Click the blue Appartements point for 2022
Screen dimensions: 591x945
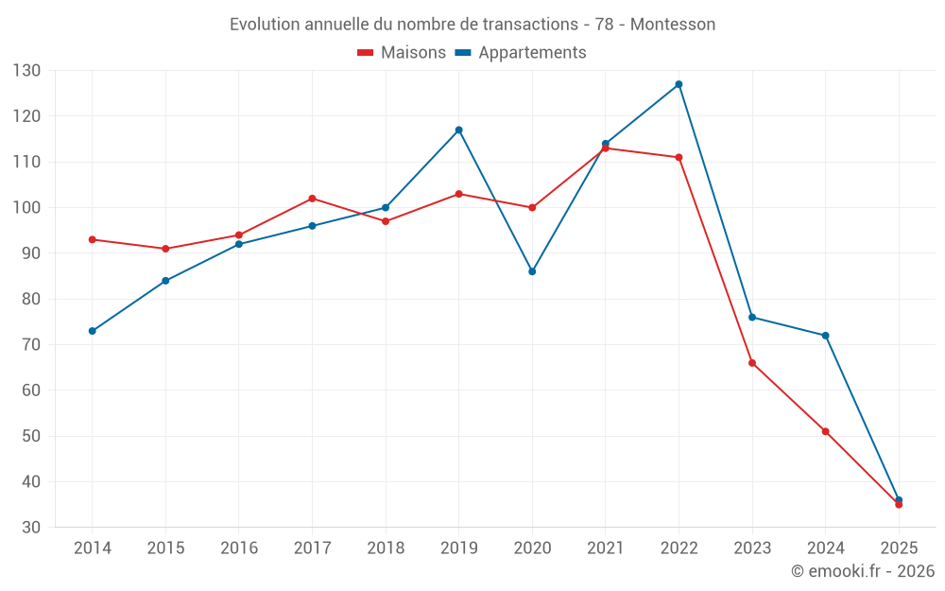(679, 84)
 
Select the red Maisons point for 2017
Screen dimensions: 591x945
(312, 199)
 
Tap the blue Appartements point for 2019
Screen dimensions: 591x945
(458, 130)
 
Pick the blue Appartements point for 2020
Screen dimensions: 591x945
(532, 271)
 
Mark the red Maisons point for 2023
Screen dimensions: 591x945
(752, 363)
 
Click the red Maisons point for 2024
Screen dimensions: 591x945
(826, 431)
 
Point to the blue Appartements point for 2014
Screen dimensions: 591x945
(92, 331)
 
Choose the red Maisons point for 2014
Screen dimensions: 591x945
(92, 239)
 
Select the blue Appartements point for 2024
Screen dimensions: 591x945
(826, 336)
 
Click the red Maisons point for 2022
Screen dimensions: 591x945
(679, 157)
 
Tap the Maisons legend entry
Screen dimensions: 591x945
(402, 53)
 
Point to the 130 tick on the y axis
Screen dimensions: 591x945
(26, 71)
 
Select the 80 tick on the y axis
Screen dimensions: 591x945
(31, 299)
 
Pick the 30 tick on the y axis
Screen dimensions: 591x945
(31, 528)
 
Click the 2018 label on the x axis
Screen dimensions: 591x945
(386, 548)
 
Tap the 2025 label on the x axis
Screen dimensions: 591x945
(899, 548)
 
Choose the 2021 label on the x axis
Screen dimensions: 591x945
(606, 548)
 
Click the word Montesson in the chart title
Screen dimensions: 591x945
(673, 25)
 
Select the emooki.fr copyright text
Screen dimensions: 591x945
(863, 571)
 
